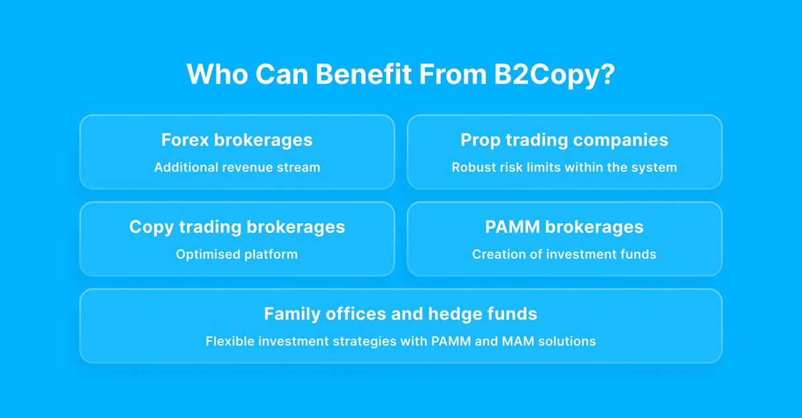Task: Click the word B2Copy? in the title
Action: coord(554,75)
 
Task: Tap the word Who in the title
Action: coord(217,74)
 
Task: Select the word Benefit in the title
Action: coord(364,74)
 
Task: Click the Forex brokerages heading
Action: coord(237,140)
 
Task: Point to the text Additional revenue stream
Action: coord(237,167)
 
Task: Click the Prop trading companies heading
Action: coord(564,140)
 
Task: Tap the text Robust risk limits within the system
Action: coord(564,168)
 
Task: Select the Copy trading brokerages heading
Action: coord(237,227)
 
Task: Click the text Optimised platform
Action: coord(237,254)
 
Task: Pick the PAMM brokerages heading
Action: coord(564,227)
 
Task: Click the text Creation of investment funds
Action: coord(564,254)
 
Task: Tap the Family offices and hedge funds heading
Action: coord(401,314)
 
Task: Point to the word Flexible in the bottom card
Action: coord(230,341)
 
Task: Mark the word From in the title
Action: coord(453,74)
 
